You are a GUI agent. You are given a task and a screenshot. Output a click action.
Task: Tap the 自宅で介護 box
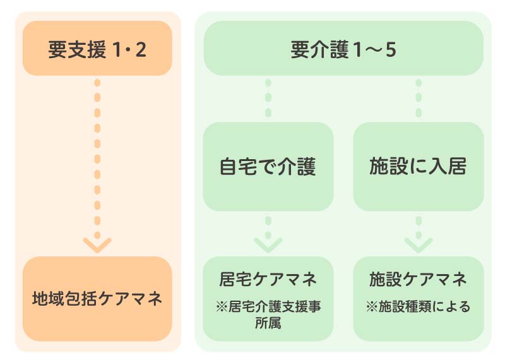268,167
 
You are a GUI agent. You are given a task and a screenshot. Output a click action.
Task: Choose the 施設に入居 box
418,167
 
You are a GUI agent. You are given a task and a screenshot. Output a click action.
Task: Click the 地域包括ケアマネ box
97,299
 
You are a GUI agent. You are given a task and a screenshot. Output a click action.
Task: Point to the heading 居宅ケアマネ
268,279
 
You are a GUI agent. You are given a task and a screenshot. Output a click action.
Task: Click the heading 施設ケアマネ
418,279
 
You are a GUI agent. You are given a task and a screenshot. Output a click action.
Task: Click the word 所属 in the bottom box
268,323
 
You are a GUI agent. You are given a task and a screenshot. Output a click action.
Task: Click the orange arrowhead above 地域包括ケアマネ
97,245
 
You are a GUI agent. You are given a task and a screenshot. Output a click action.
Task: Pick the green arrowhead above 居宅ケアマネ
268,244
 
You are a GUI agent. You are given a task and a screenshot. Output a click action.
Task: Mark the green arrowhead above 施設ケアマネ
418,244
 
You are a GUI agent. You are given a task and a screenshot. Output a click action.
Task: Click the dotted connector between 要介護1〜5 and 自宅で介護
268,98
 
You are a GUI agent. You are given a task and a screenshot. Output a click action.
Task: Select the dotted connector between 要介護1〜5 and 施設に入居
418,98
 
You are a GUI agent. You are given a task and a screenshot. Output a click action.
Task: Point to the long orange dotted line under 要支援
97,152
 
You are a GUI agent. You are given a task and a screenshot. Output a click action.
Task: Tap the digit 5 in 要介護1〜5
391,49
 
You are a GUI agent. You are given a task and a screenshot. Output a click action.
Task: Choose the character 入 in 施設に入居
435,167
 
